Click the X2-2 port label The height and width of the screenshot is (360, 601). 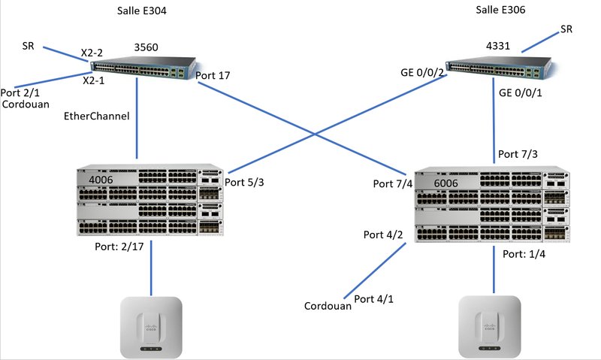[x=92, y=53]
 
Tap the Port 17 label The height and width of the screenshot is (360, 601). [x=212, y=75]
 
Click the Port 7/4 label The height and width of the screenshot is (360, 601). [x=393, y=183]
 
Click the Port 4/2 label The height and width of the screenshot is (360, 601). [x=384, y=234]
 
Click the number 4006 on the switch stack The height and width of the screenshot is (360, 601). [x=103, y=180]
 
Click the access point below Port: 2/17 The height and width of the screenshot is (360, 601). [x=153, y=326]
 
